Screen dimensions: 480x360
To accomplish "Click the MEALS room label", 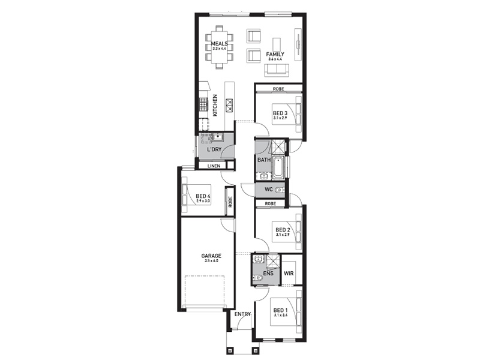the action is (x=219, y=43).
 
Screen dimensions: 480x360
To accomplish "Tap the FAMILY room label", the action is (x=275, y=54).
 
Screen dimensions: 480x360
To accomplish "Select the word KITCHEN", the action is (x=215, y=106).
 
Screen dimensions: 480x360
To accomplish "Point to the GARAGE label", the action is (x=211, y=256).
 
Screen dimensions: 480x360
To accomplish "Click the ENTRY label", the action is (x=243, y=314).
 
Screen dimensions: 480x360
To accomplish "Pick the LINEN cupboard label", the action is (x=214, y=166).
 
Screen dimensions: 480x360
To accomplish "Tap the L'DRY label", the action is (x=214, y=149).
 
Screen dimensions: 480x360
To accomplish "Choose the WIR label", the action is (x=289, y=273).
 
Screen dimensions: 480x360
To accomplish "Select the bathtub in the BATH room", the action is (x=278, y=168).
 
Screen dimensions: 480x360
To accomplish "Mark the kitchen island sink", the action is (x=229, y=106).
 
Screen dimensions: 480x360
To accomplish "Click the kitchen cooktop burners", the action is (x=203, y=103).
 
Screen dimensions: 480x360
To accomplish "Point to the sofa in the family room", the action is (x=277, y=70).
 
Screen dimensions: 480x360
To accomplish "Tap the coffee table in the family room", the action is (x=277, y=43).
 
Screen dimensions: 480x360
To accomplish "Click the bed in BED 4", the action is (x=196, y=199).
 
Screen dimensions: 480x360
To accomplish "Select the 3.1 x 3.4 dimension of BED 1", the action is (x=280, y=315).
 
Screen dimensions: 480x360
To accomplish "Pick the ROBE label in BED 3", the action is (x=278, y=89).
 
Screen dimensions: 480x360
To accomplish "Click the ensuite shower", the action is (x=272, y=261).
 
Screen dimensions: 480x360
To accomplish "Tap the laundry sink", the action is (x=218, y=137).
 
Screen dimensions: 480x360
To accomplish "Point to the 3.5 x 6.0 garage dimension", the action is (x=211, y=261).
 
